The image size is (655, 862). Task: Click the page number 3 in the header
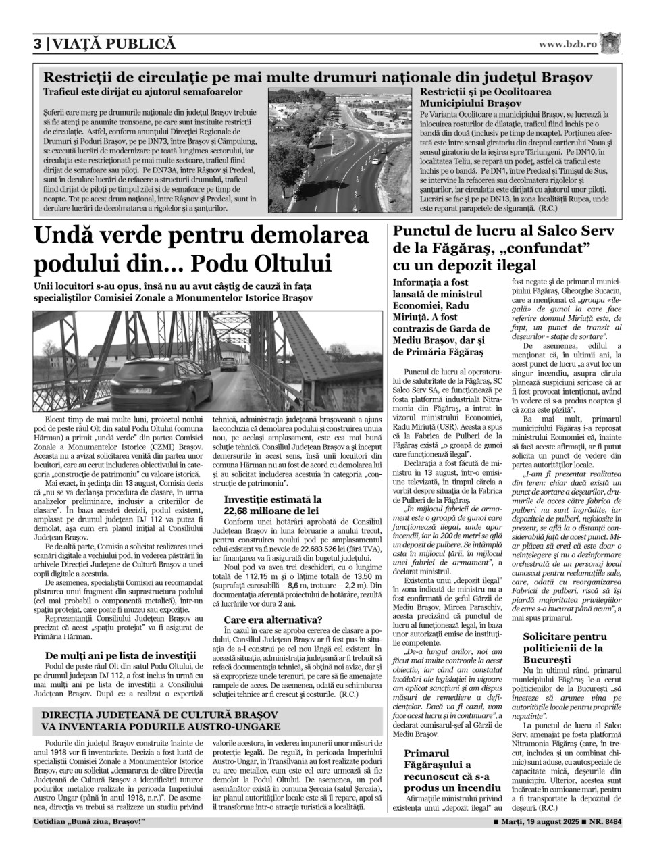[x=38, y=44]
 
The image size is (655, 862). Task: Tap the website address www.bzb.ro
[x=567, y=44]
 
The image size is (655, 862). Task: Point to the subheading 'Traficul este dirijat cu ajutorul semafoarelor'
[x=142, y=91]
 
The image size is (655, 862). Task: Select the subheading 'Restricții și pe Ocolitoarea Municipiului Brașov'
[x=486, y=97]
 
